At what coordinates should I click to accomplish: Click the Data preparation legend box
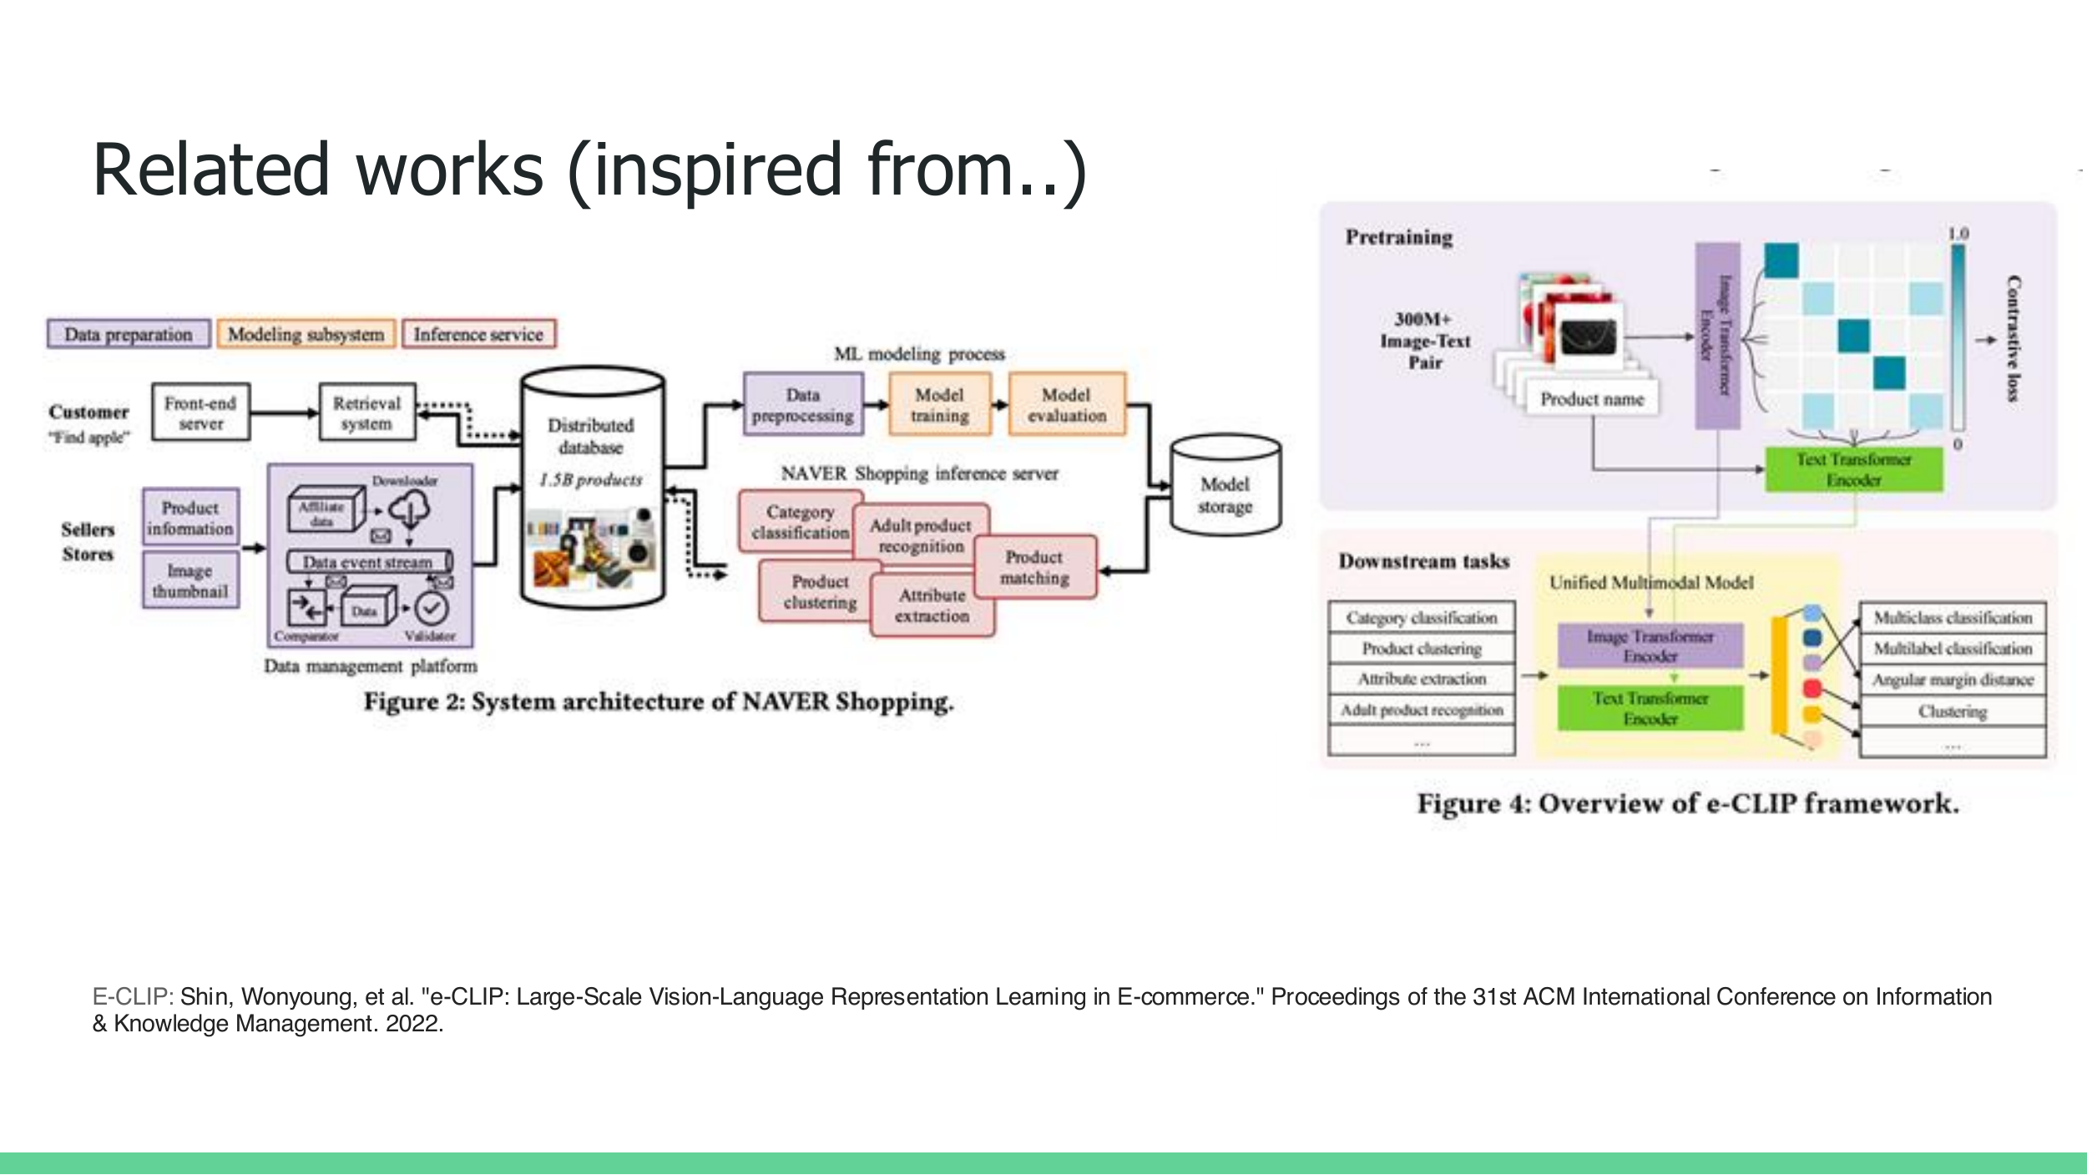pyautogui.click(x=129, y=334)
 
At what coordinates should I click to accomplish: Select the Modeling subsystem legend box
pyautogui.click(x=306, y=334)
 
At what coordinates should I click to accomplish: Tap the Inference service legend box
pyautogui.click(x=478, y=334)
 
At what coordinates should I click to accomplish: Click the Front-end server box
pyautogui.click(x=200, y=413)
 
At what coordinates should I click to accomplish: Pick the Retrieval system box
pyautogui.click(x=366, y=413)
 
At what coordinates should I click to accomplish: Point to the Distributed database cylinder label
pyautogui.click(x=591, y=436)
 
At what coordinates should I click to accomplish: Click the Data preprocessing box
pyautogui.click(x=802, y=405)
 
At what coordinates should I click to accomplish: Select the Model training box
pyautogui.click(x=939, y=405)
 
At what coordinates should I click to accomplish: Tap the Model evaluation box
pyautogui.click(x=1066, y=405)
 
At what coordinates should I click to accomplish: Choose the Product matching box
pyautogui.click(x=1034, y=567)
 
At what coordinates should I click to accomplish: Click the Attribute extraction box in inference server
pyautogui.click(x=932, y=605)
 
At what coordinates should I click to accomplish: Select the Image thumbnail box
pyautogui.click(x=189, y=580)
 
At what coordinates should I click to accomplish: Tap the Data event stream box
pyautogui.click(x=368, y=562)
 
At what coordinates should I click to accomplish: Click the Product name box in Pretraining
pyautogui.click(x=1591, y=399)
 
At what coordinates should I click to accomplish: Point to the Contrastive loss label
pyautogui.click(x=2014, y=338)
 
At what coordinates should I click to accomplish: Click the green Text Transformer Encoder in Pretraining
pyautogui.click(x=1853, y=469)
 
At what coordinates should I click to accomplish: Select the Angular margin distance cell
pyautogui.click(x=1952, y=680)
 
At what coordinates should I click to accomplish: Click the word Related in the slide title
pyautogui.click(x=211, y=170)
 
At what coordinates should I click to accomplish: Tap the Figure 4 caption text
pyautogui.click(x=1687, y=803)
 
